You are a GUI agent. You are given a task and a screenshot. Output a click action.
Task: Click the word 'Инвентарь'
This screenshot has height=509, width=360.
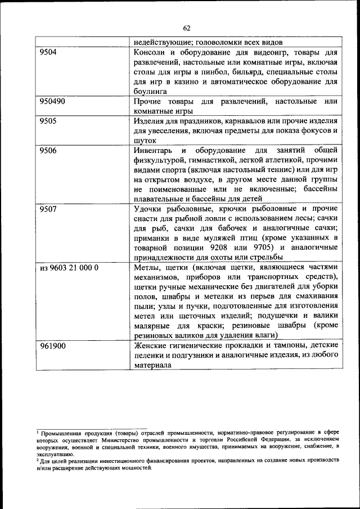click(x=154, y=150)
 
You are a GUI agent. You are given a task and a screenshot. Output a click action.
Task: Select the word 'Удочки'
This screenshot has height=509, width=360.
click(x=149, y=209)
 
